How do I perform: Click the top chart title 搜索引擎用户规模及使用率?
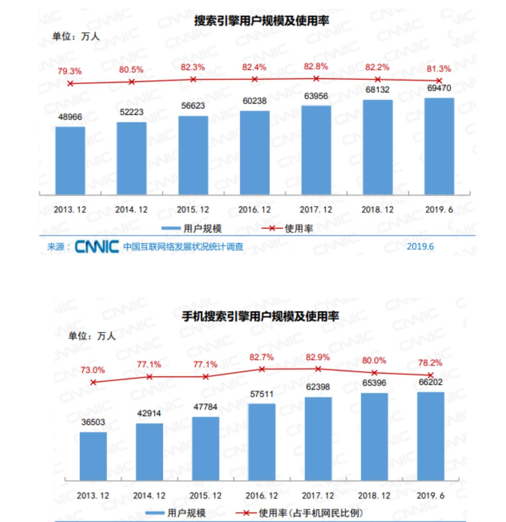261,21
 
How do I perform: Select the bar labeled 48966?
70,160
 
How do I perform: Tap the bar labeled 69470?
439,146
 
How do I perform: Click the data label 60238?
254,101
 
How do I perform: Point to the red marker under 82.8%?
316,79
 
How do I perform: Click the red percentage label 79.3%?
69,71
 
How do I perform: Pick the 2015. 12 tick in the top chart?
193,210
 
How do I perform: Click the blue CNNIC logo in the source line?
97,246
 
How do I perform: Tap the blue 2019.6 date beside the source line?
420,246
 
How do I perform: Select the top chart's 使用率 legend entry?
287,229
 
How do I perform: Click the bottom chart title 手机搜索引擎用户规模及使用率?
260,316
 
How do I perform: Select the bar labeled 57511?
262,441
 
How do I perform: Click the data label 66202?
430,382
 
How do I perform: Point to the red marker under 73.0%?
93,382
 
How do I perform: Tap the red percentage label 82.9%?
318,357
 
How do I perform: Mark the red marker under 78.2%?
431,375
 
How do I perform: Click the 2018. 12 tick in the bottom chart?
374,496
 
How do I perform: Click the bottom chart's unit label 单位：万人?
92,336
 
